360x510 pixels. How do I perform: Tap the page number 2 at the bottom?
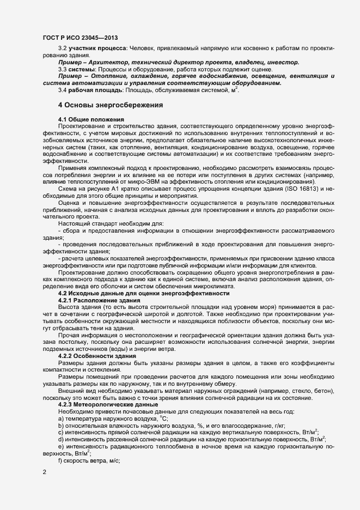[x=44, y=472]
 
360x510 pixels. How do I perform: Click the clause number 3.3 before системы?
[x=63, y=69]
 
